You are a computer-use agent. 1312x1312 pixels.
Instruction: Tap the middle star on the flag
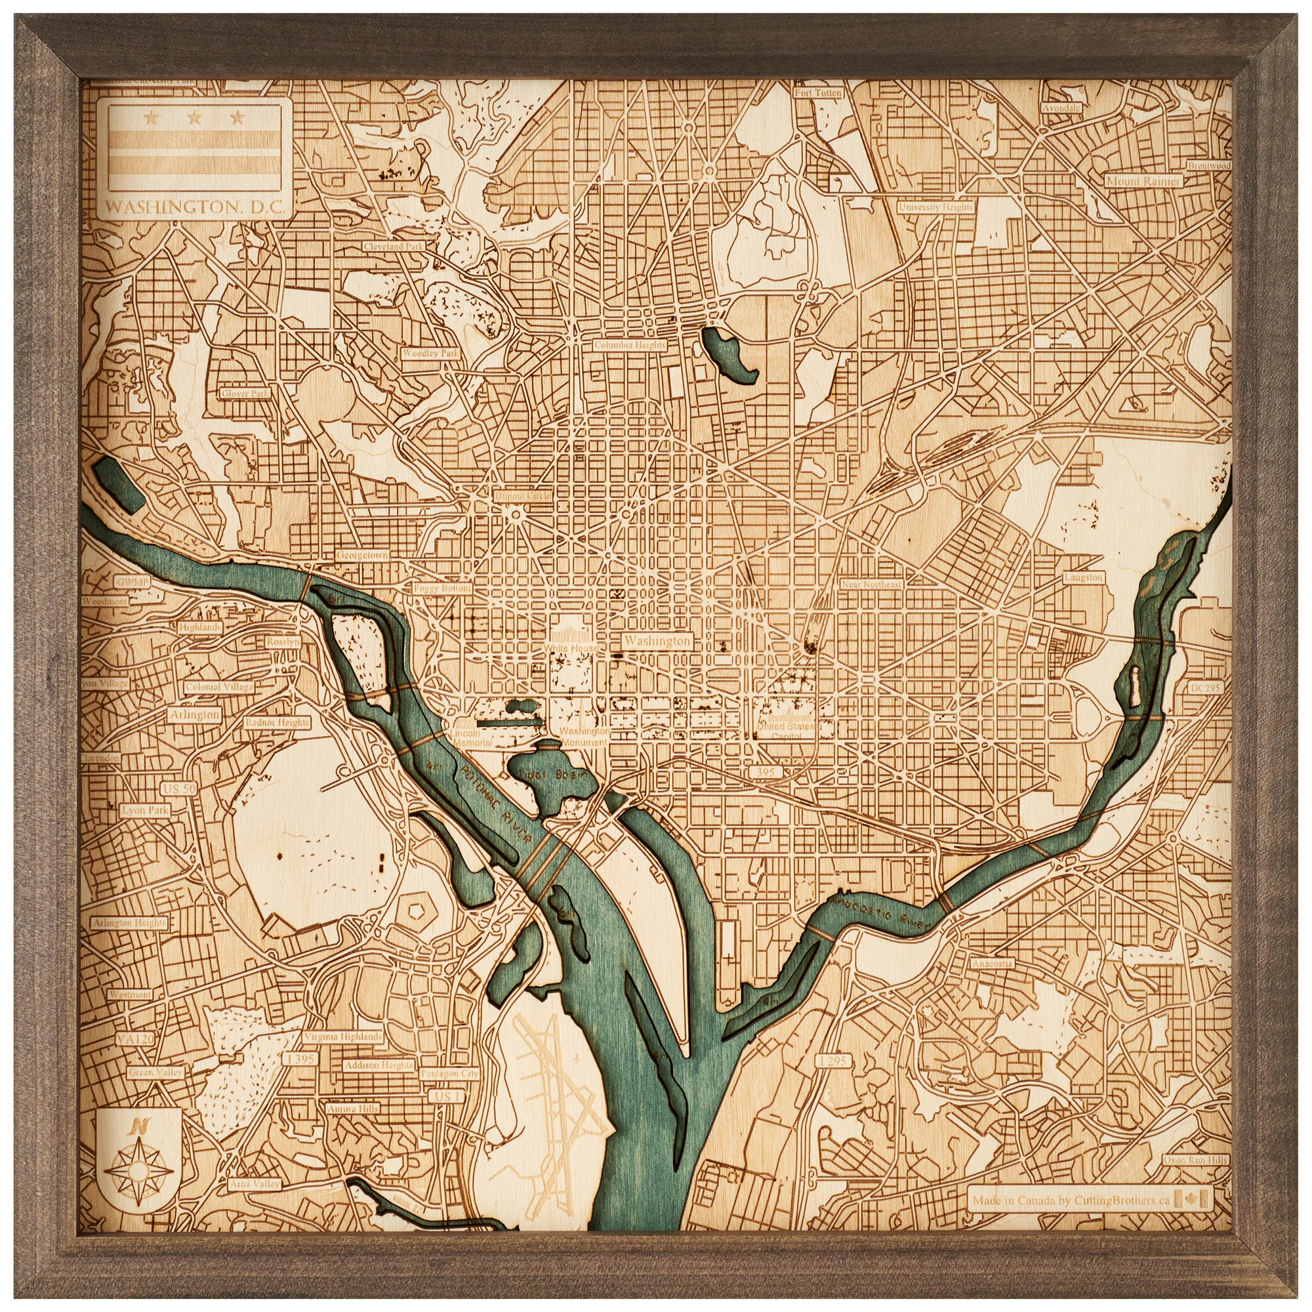(195, 119)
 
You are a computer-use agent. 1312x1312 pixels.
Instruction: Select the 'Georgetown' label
(362, 555)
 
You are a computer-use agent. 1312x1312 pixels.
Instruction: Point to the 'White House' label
(571, 649)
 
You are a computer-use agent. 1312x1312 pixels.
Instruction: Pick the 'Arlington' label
(195, 714)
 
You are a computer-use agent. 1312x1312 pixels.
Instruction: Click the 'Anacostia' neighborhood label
(992, 964)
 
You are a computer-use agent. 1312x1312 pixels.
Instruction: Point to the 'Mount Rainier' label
(1143, 181)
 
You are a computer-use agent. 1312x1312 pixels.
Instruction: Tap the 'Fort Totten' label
(818, 92)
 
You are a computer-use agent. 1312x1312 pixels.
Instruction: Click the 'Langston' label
(1084, 577)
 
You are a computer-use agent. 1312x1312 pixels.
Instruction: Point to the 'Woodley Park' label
(430, 353)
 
